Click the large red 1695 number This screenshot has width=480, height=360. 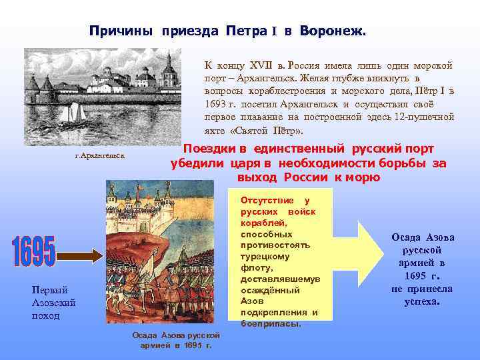point(33,253)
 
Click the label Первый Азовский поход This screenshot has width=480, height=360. point(54,302)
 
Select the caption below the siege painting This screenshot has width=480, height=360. point(172,340)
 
